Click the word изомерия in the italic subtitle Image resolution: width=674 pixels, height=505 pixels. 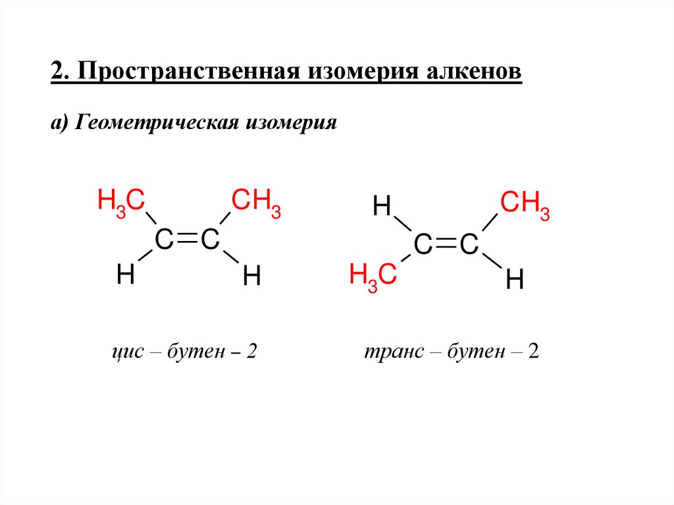tap(292, 123)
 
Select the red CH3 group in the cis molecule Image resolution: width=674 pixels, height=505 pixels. tap(255, 201)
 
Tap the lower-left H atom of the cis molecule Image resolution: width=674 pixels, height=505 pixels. tap(125, 275)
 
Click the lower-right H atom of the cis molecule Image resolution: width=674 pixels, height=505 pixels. tap(252, 276)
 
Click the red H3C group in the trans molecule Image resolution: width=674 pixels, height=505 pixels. tap(373, 275)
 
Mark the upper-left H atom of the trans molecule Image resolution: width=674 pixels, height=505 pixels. tap(382, 207)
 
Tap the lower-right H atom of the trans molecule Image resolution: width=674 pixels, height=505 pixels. tap(514, 281)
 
